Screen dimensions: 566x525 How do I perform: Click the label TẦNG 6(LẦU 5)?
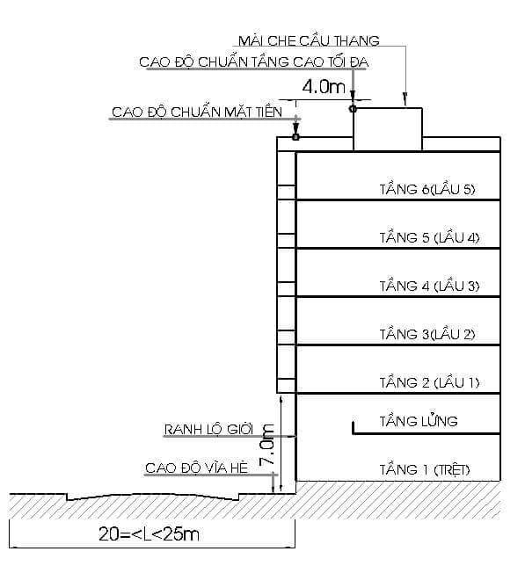coord(427,189)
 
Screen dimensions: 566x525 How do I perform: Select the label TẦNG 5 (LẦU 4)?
coord(429,237)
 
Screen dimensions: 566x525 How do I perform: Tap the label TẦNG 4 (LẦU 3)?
coord(429,286)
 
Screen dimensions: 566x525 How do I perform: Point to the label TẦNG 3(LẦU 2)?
coord(427,334)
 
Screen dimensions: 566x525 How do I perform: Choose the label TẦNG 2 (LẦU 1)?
coord(429,382)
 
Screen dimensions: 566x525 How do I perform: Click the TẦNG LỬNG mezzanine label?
coord(419,421)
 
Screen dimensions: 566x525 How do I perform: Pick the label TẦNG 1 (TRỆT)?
coord(425,470)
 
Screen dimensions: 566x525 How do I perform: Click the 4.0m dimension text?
coord(324,87)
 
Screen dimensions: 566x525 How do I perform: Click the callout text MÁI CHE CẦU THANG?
coord(309,40)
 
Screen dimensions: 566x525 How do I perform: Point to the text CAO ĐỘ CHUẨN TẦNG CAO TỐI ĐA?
coord(253,62)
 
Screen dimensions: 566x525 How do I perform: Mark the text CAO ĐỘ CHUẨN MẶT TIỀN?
coord(197,112)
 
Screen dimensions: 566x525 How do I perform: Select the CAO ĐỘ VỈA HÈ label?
coord(198,468)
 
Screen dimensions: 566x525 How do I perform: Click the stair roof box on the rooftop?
coord(387,129)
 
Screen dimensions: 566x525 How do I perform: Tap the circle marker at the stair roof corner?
coord(353,108)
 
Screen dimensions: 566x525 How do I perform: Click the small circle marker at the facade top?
coord(296,137)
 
